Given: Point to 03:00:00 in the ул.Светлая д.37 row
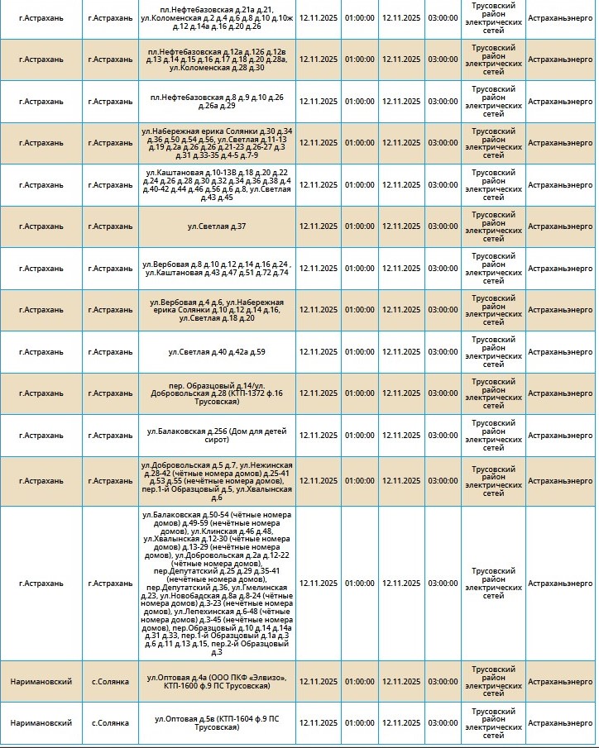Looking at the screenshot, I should (x=443, y=226).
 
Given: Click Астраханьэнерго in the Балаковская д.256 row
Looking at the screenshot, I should (x=559, y=436).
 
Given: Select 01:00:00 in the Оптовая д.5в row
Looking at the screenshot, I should (x=359, y=723).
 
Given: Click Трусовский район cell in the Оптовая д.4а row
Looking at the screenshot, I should (x=492, y=682).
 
